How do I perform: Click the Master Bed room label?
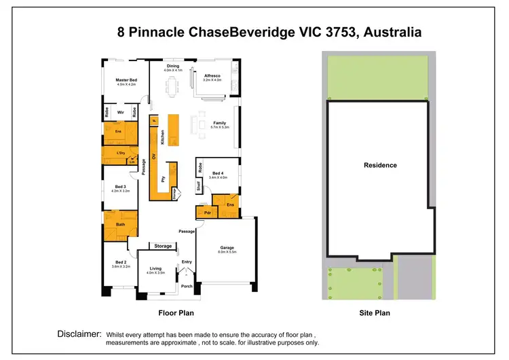coord(126,80)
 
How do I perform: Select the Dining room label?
coord(172,66)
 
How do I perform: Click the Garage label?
coord(226,248)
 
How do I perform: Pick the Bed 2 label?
coord(120,262)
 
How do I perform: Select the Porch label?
coord(187,286)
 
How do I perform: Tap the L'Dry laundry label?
coord(121,153)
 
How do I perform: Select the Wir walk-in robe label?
coord(119,112)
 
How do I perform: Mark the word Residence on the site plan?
coord(380,165)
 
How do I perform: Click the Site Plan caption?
coord(375,313)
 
